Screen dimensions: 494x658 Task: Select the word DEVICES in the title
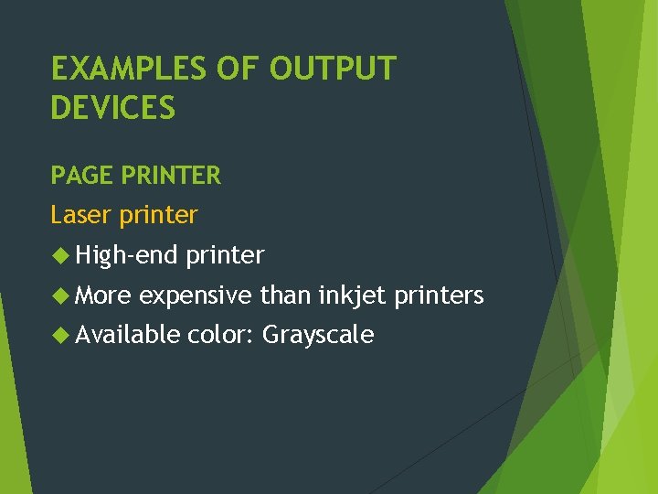click(x=112, y=108)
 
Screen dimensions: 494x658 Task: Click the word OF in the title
click(x=228, y=69)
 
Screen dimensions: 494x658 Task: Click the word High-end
click(x=126, y=255)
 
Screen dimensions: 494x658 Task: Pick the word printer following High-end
click(x=225, y=256)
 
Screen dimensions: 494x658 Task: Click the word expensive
click(x=196, y=296)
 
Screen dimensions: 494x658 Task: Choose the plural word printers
click(x=439, y=296)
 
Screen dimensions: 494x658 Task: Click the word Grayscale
click(x=318, y=336)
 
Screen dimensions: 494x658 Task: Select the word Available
click(x=128, y=335)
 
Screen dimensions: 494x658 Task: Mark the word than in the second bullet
click(x=285, y=295)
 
